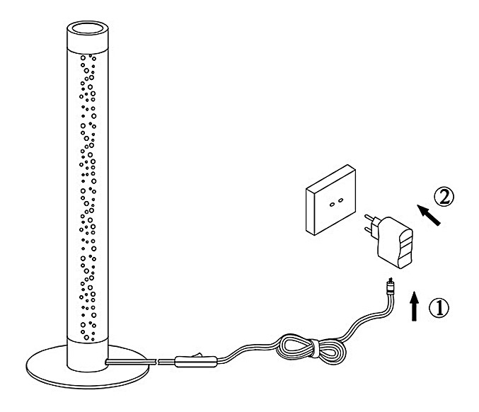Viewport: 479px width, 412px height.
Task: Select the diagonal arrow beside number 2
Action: [429, 213]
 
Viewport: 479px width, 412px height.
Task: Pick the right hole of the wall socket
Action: [340, 202]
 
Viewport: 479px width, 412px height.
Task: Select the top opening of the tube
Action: [86, 30]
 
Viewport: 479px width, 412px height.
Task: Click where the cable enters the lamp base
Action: [108, 362]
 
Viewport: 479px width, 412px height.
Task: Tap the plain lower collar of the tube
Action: [86, 350]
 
